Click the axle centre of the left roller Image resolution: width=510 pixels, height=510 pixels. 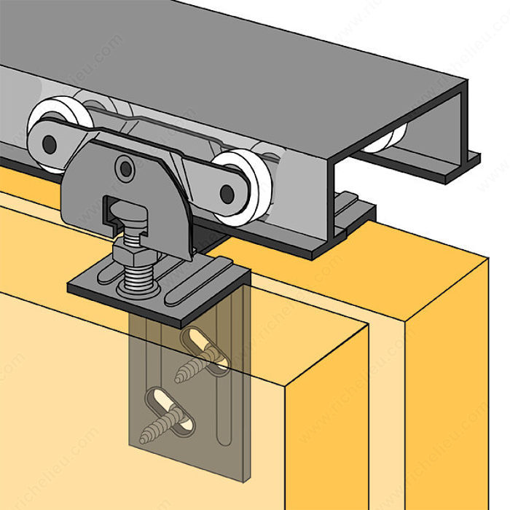coord(50,144)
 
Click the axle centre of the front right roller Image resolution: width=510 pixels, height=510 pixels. coord(228,194)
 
